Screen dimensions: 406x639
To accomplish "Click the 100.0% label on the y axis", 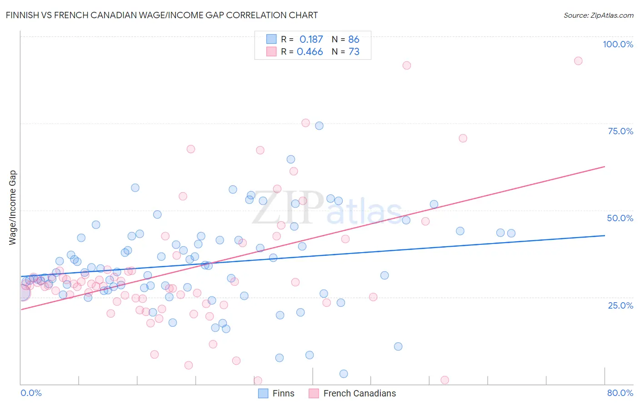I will click(618, 44).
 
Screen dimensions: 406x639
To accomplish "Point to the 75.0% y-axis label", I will click(620, 131).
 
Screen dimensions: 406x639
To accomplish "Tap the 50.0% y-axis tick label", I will click(620, 218).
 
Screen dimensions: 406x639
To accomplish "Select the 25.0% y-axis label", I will click(620, 305).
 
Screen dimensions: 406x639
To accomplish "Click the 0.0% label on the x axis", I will click(31, 393).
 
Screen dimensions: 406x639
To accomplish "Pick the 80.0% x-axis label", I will click(620, 393).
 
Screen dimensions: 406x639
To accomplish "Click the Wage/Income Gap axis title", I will click(13, 208).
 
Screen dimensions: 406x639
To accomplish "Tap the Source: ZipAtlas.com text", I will click(598, 15).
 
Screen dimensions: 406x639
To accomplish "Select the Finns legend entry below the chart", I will click(283, 393).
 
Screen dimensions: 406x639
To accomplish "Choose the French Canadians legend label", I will click(359, 393).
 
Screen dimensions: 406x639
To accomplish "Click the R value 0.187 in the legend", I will click(311, 39).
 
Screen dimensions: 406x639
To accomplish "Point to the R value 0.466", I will click(310, 52).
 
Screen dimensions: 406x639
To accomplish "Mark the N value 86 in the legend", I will click(354, 39).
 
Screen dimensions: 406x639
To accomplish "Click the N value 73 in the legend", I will click(354, 52).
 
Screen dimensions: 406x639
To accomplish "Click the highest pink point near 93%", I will click(578, 61).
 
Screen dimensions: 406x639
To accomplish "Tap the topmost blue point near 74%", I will click(319, 126).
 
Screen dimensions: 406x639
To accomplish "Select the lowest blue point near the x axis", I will click(344, 374).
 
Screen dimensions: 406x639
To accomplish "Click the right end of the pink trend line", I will click(604, 167).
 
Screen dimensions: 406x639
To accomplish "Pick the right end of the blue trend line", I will click(604, 235).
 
